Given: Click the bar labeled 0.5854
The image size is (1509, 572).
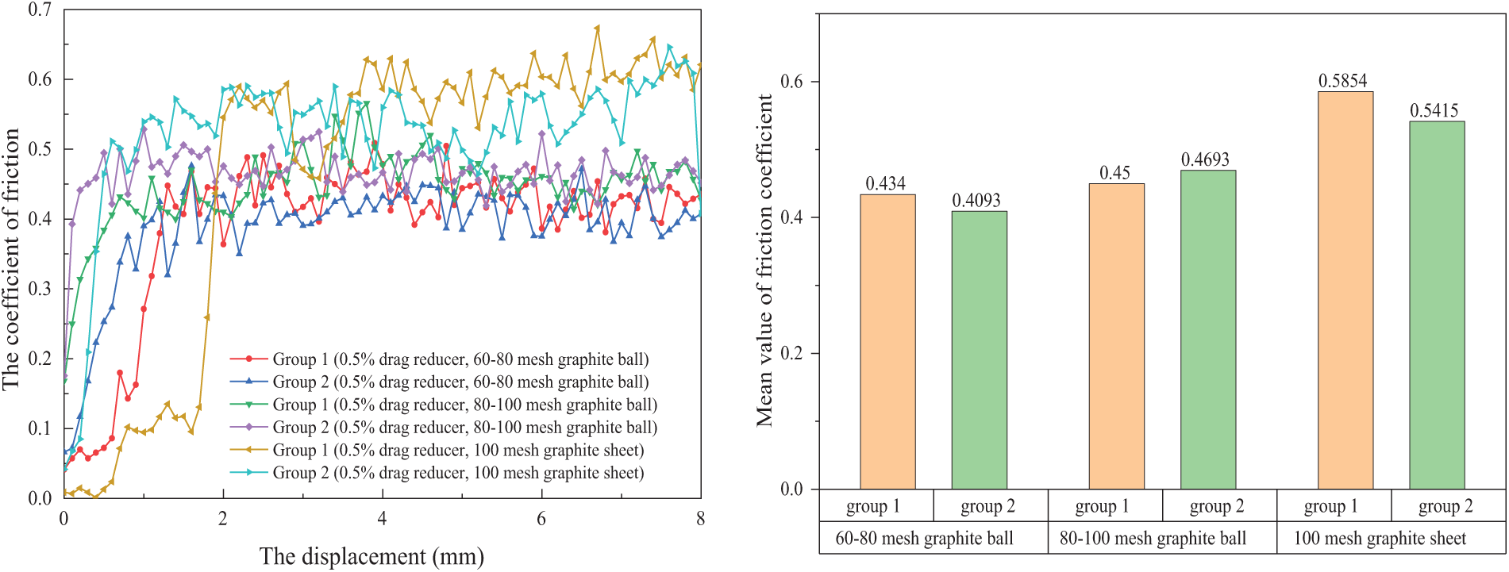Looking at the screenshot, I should click(1345, 290).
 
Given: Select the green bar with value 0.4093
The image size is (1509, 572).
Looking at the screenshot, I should click(979, 349).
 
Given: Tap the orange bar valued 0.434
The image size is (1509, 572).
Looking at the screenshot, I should click(887, 341).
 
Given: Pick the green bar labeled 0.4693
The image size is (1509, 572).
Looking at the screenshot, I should click(1207, 329).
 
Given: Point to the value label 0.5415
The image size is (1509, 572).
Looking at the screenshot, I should click(1434, 111).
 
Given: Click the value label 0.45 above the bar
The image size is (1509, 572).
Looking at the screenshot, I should click(1115, 173).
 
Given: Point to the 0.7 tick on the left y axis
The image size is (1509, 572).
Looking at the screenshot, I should click(40, 10).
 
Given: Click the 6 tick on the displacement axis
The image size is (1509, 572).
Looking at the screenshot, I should click(541, 519).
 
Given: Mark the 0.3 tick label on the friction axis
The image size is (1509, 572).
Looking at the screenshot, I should click(40, 289).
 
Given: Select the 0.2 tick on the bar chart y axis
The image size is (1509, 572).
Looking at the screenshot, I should click(791, 353).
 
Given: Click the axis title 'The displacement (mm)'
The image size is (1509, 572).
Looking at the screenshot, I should click(371, 556).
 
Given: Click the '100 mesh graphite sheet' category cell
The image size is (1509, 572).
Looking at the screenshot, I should click(1380, 539).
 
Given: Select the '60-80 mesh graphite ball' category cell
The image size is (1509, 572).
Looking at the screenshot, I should click(924, 539).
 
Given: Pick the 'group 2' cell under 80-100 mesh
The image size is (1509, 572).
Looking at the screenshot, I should click(1217, 506).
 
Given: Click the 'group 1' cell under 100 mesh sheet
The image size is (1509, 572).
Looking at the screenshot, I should click(1331, 506).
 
